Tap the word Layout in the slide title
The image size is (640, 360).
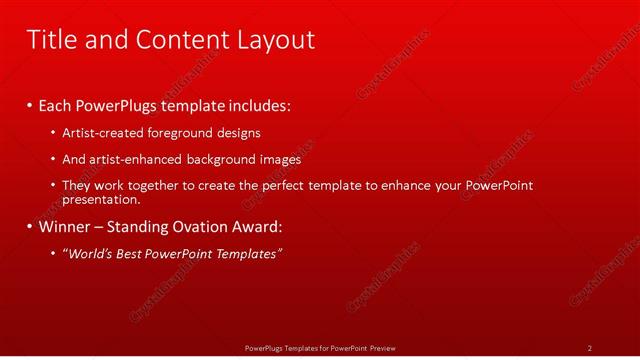pos(276,40)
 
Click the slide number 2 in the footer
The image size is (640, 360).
pos(590,348)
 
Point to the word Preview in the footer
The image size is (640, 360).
pos(383,348)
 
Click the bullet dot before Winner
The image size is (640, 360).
pos(29,227)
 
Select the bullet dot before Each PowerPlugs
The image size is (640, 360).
pos(29,106)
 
